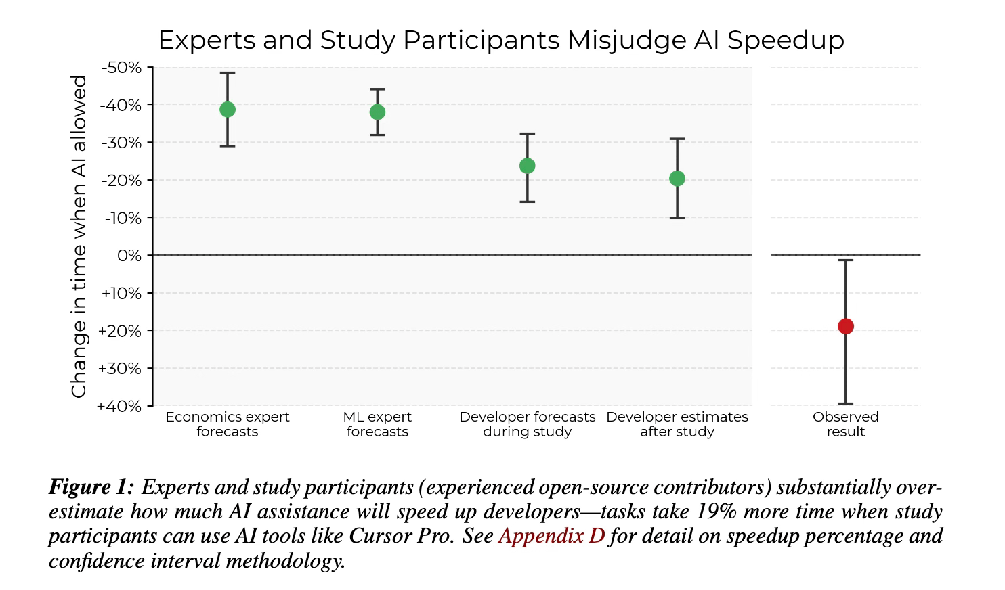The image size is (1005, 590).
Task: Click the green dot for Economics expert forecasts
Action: (228, 110)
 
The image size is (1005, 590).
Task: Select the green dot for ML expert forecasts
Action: (377, 112)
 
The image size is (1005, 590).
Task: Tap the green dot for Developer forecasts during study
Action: (527, 166)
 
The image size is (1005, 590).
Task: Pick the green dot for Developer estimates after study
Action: (677, 179)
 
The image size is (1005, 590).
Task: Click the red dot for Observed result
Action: (846, 326)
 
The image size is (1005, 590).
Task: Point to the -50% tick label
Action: (122, 68)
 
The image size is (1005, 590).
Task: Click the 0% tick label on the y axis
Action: (129, 256)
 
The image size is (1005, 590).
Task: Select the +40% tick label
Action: (119, 406)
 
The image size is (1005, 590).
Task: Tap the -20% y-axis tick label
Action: (122, 181)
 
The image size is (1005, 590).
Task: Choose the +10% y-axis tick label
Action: (121, 294)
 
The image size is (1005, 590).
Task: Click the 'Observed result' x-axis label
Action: (846, 424)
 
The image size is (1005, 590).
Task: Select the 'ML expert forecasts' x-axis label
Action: (377, 424)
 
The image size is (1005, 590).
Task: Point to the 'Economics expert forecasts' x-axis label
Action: (228, 424)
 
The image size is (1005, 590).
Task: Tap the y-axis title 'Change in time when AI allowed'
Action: (79, 236)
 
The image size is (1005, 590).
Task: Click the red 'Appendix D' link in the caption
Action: (551, 536)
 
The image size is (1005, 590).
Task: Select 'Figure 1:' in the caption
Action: (91, 487)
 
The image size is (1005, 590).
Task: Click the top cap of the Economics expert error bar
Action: (228, 72)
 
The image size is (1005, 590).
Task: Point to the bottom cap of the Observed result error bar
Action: (846, 403)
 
